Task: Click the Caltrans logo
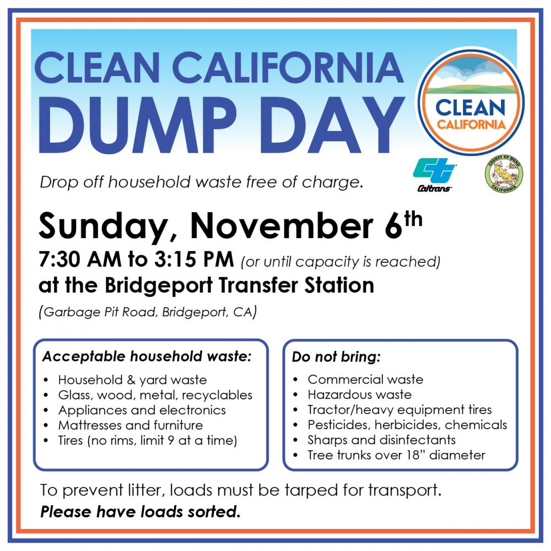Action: click(x=435, y=175)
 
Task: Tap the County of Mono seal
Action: click(x=504, y=174)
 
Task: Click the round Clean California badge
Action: click(x=471, y=102)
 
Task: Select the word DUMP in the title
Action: click(x=137, y=125)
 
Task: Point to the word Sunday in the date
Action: click(x=102, y=226)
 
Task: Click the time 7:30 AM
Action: click(x=80, y=260)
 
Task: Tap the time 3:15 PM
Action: click(x=194, y=260)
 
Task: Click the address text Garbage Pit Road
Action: click(x=100, y=312)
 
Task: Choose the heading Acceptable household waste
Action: click(x=147, y=356)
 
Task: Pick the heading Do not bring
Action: click(x=336, y=356)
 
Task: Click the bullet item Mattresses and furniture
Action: click(x=131, y=425)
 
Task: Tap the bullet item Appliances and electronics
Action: click(x=142, y=410)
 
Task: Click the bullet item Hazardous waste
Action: click(x=359, y=395)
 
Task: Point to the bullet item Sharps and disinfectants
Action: click(x=382, y=440)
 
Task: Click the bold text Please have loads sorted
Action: click(x=141, y=512)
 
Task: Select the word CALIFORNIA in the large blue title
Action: click(x=288, y=67)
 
